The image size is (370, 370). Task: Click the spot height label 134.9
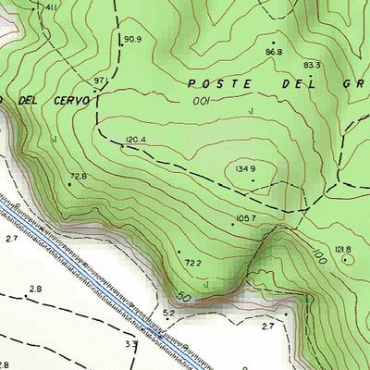pyautogui.click(x=245, y=169)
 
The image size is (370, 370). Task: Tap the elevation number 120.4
pyautogui.click(x=136, y=141)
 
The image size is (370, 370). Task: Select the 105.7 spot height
pyautogui.click(x=245, y=218)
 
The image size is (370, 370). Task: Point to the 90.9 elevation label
pyautogui.click(x=132, y=39)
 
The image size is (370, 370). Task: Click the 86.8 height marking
pyautogui.click(x=273, y=52)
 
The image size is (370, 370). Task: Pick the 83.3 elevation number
pyautogui.click(x=312, y=65)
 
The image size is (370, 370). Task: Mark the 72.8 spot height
pyautogui.click(x=78, y=176)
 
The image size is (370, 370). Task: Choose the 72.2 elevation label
pyautogui.click(x=193, y=264)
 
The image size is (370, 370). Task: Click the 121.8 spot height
pyautogui.click(x=342, y=250)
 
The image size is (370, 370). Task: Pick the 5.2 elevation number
pyautogui.click(x=168, y=314)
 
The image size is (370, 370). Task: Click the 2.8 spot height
pyautogui.click(x=35, y=290)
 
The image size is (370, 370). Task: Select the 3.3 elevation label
pyautogui.click(x=131, y=344)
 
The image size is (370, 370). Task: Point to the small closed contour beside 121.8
pyautogui.click(x=348, y=261)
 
